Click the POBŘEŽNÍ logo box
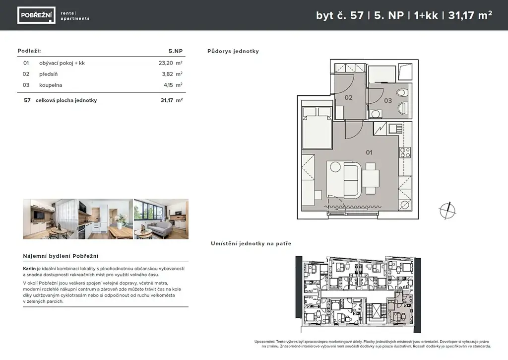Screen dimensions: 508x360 pyautogui.click(x=36, y=15)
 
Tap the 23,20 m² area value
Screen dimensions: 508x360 pyautogui.click(x=171, y=63)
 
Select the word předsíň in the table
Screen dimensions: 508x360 pyautogui.click(x=48, y=74)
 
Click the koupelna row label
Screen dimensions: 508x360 pyautogui.click(x=51, y=85)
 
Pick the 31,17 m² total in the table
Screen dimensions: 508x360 pyautogui.click(x=172, y=100)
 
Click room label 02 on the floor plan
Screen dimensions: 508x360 pyautogui.click(x=348, y=97)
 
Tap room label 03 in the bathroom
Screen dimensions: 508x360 pyautogui.click(x=388, y=100)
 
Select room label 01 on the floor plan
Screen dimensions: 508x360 pyautogui.click(x=369, y=152)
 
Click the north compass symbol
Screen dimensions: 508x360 pyautogui.click(x=447, y=211)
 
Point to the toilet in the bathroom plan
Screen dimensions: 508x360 pyautogui.click(x=403, y=93)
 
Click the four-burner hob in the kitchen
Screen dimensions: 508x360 pyautogui.click(x=405, y=152)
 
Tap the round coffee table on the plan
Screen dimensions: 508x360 pyautogui.click(x=335, y=167)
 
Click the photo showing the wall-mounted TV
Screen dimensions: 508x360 pyautogui.click(x=50, y=219)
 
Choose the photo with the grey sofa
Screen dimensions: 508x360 pyautogui.click(x=161, y=219)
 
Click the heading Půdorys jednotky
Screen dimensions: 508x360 pyautogui.click(x=233, y=51)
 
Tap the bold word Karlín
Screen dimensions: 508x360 pyautogui.click(x=29, y=269)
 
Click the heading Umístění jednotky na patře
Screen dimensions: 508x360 pyautogui.click(x=251, y=244)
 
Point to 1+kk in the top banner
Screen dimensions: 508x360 pyautogui.click(x=426, y=15)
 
